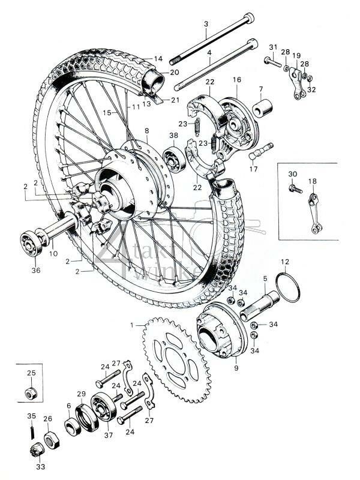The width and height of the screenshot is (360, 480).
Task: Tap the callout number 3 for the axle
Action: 206,24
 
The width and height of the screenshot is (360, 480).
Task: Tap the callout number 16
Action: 236,79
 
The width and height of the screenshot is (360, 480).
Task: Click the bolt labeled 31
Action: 271,60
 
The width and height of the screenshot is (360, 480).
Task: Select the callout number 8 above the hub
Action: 146,131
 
